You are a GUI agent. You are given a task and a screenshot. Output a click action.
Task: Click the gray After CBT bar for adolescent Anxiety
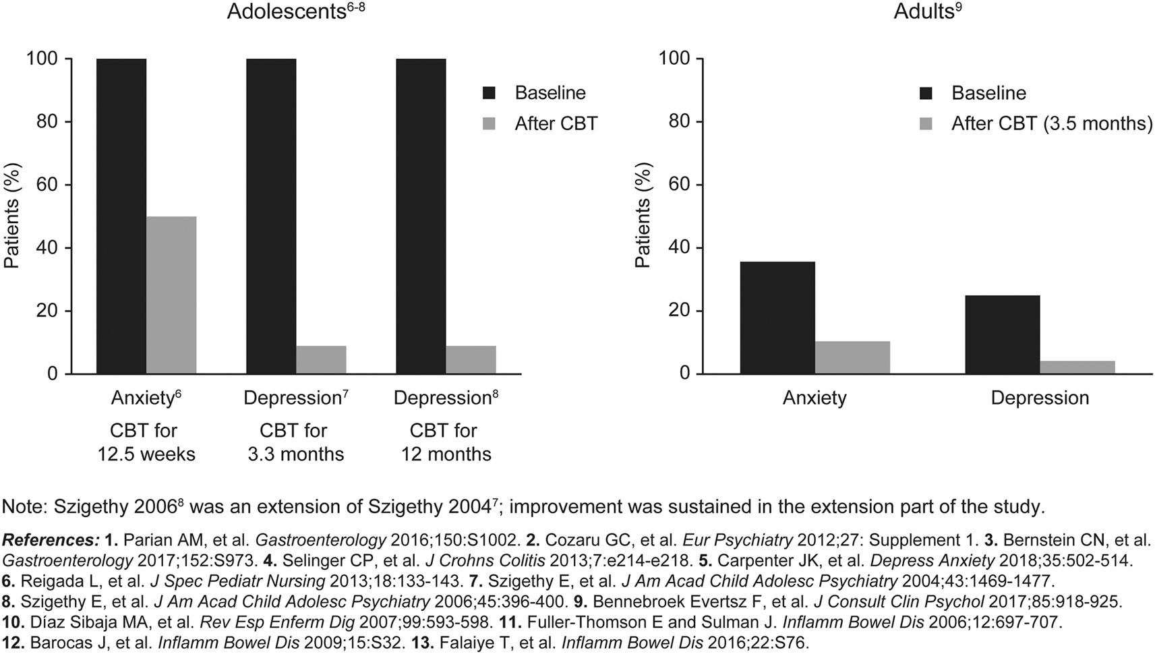pos(171,295)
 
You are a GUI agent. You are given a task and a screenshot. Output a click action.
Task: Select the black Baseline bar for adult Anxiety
pos(777,318)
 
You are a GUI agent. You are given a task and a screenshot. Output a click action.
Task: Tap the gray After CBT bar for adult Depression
pos(1077,367)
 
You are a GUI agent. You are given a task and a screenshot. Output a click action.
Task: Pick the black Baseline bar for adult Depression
pos(1003,334)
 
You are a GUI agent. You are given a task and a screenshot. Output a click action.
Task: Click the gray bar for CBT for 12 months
pos(471,360)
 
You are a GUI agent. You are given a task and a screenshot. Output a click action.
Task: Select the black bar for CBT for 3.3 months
pos(271,216)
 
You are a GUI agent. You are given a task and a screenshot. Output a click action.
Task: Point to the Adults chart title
pos(928,11)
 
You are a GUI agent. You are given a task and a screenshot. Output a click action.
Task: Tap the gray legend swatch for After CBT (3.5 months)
pos(926,124)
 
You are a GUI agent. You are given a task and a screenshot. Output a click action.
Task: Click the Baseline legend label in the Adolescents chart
pos(550,93)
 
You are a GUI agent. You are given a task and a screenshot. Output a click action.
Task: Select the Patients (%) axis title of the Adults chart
pos(643,216)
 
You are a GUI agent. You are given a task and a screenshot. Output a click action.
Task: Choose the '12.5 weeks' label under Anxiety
pos(146,454)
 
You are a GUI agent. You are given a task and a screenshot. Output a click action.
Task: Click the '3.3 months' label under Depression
pos(296,454)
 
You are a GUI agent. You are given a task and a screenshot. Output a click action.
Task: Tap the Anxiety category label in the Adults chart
pos(815,398)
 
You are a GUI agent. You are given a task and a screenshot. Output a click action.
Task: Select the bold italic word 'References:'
pos(51,540)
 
